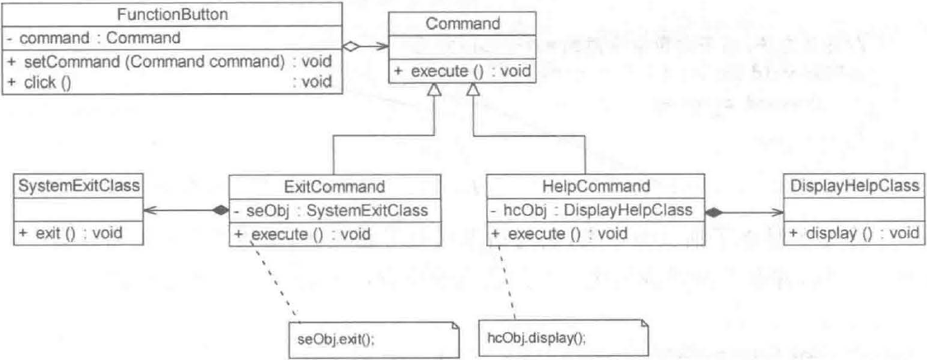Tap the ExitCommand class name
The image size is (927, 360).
pos(334,186)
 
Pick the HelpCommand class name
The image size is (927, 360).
pos(596,186)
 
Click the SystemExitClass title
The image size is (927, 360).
pos(76,186)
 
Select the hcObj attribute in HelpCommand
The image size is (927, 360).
pos(592,210)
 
